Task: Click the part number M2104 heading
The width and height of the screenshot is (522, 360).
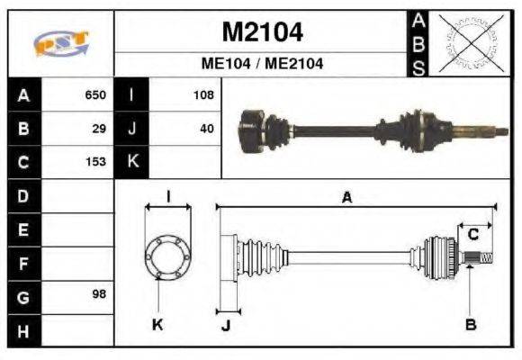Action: [x=262, y=32]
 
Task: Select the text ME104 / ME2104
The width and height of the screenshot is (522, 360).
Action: [x=262, y=64]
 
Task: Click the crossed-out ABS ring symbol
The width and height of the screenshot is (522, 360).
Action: [x=465, y=43]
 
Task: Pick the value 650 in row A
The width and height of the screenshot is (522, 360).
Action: [x=95, y=94]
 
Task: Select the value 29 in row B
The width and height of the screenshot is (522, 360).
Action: [x=100, y=128]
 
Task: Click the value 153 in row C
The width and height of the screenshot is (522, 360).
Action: [x=95, y=162]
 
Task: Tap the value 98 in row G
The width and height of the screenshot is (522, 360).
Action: [x=100, y=295]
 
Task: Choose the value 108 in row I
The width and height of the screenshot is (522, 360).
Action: [x=204, y=94]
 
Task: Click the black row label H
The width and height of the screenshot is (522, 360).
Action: [x=23, y=330]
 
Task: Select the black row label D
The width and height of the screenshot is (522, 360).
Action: [x=23, y=195]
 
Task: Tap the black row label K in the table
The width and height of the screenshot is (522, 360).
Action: [x=132, y=162]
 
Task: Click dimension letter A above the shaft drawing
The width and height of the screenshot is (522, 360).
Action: [x=346, y=197]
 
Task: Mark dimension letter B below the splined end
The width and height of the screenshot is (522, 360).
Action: [x=470, y=324]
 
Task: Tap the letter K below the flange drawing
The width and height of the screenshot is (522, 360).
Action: [x=157, y=325]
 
